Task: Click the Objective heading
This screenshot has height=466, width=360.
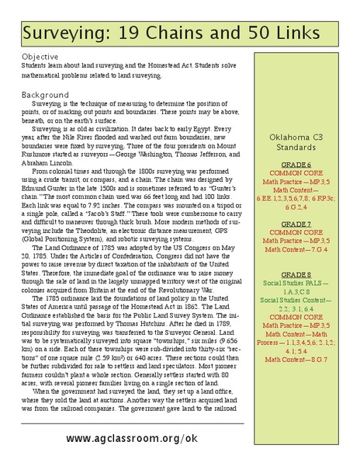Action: tap(41, 57)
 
